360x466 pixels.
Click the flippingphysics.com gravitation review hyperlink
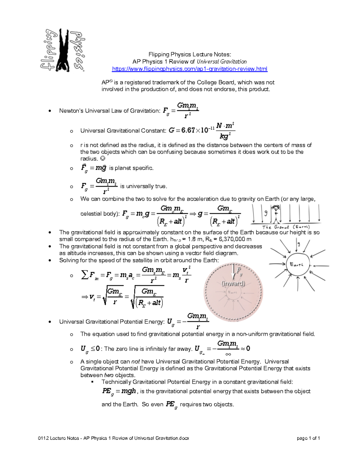(x=190, y=69)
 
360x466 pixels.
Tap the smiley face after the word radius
(x=103, y=159)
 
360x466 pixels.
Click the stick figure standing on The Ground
(x=275, y=214)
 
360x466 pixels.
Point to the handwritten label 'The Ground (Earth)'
(x=286, y=227)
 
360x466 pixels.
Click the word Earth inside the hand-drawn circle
(x=296, y=264)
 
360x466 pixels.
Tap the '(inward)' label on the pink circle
(x=233, y=284)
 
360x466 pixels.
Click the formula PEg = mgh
(x=119, y=391)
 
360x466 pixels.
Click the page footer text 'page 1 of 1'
(x=308, y=438)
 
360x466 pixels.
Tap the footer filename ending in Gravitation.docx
(x=114, y=438)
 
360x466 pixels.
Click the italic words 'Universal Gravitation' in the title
(x=222, y=62)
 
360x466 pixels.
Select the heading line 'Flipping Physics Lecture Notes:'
(x=190, y=54)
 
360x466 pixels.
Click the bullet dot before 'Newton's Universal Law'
(x=50, y=111)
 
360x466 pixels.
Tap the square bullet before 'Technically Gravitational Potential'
(x=93, y=382)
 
